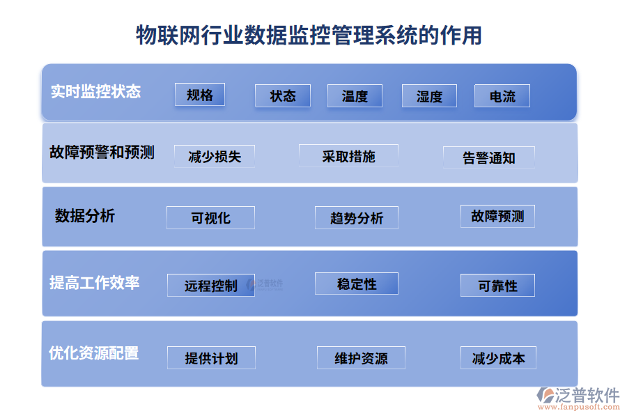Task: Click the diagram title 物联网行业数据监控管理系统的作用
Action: tap(309, 35)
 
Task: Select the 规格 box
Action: tap(200, 95)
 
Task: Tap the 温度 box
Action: tap(355, 96)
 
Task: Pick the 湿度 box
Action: tap(429, 96)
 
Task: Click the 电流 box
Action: tap(502, 96)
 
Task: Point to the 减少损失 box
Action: tap(215, 157)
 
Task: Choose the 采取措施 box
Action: tap(348, 156)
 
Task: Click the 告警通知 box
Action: tap(489, 157)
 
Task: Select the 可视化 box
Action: tap(210, 217)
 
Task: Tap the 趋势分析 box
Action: tap(357, 218)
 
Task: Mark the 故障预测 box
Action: tap(497, 216)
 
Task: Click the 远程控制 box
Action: tap(211, 286)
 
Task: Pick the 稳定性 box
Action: tap(357, 284)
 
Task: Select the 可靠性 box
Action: tap(497, 286)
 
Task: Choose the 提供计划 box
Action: tap(211, 358)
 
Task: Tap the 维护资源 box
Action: tap(361, 358)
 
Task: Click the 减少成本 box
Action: tap(498, 358)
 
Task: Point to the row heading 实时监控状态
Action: tap(95, 91)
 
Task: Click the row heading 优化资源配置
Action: tap(93, 353)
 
